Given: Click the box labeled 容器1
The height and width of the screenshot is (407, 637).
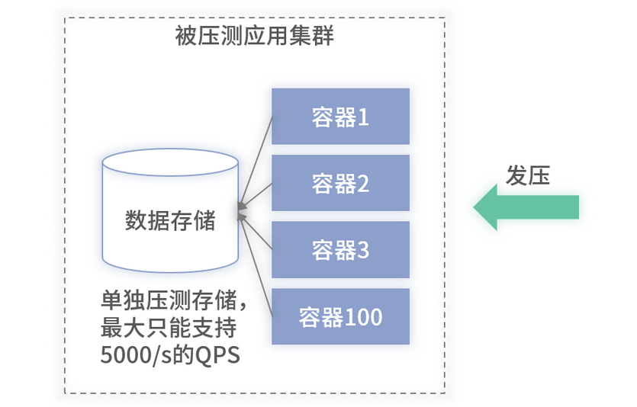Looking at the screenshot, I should pyautogui.click(x=340, y=117).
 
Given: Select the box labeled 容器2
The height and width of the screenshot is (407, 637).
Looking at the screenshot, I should pyautogui.click(x=340, y=183).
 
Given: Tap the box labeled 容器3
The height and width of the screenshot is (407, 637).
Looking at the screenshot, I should pyautogui.click(x=340, y=249).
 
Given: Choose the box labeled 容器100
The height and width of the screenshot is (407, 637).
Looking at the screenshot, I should pyautogui.click(x=340, y=316).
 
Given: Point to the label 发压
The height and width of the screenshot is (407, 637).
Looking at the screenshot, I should pyautogui.click(x=527, y=175).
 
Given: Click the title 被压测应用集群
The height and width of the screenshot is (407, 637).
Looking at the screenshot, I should pyautogui.click(x=254, y=35).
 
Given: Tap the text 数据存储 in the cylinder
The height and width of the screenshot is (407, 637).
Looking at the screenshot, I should pyautogui.click(x=170, y=221).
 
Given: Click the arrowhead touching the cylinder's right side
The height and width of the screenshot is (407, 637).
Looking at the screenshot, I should pyautogui.click(x=241, y=208).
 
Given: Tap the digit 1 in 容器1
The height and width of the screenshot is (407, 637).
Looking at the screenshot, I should pyautogui.click(x=363, y=117).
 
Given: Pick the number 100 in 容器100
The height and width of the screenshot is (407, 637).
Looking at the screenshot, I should pyautogui.click(x=364, y=316).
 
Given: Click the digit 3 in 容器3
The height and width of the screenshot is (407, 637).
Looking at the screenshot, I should pyautogui.click(x=363, y=250).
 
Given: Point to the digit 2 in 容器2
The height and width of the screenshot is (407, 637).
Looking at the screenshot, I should pyautogui.click(x=363, y=184).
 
